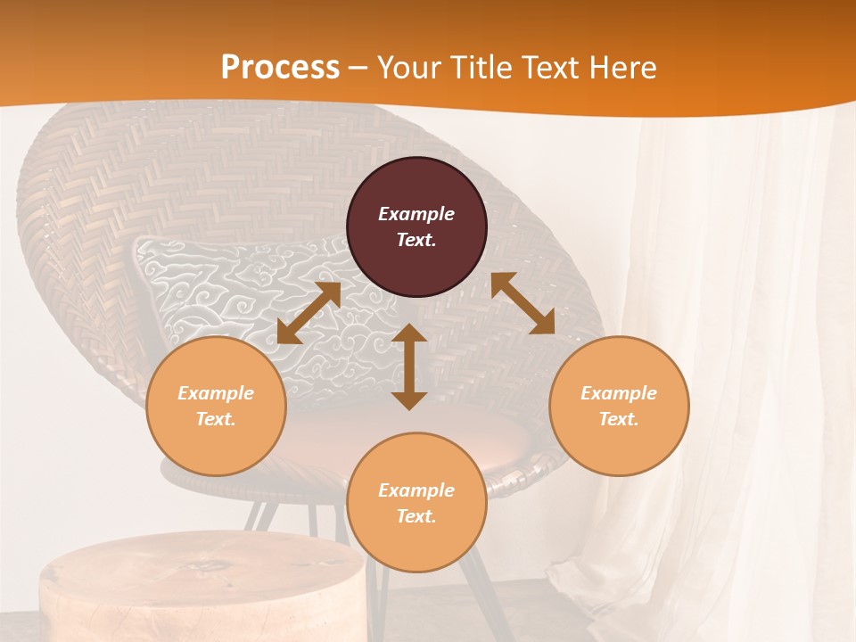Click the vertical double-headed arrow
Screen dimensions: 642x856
(409, 366)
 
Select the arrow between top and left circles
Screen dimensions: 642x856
(309, 313)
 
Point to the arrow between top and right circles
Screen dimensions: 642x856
(523, 304)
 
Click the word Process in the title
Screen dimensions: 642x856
(280, 67)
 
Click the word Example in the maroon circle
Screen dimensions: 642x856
(416, 214)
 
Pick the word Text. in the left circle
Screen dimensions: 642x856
(216, 419)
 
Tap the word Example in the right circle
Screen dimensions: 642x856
(619, 393)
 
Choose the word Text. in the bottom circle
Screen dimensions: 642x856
(416, 516)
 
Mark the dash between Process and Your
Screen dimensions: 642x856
(358, 67)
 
